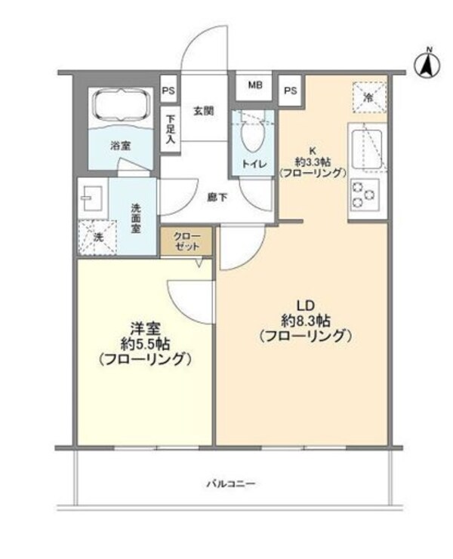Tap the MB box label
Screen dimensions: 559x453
(x=255, y=85)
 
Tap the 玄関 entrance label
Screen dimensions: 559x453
(x=202, y=111)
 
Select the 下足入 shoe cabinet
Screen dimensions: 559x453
(x=171, y=128)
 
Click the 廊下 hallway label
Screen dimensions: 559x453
(x=217, y=198)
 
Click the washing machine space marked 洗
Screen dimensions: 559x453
(x=97, y=237)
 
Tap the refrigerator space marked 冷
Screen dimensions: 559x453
(x=369, y=96)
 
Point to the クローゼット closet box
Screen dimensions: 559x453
(x=186, y=241)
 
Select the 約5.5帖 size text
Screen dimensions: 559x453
(x=143, y=344)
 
